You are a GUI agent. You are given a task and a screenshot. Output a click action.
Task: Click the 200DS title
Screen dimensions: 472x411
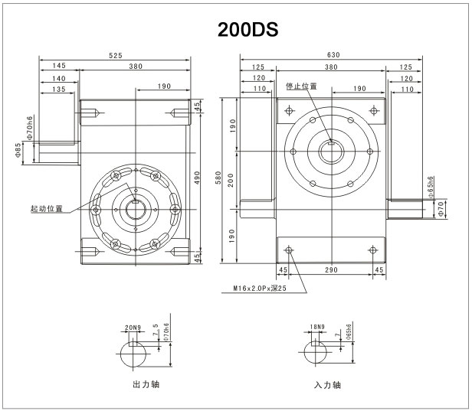coord(247,29)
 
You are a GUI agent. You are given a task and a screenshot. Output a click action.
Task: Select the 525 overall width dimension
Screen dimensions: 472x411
coord(116,56)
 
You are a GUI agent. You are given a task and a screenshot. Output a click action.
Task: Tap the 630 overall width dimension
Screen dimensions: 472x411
coord(333,55)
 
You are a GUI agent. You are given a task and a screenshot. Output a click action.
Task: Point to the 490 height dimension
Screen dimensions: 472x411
coord(197,178)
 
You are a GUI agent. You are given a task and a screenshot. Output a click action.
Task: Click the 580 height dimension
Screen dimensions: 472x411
coord(218,178)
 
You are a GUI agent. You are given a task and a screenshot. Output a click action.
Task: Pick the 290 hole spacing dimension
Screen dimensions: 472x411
coord(331,270)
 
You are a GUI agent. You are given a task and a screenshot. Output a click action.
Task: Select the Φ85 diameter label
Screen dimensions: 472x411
coord(18,150)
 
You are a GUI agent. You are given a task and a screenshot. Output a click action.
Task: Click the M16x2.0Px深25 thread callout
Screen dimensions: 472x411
coord(260,289)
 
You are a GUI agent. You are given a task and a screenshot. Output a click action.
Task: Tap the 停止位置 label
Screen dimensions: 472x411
coord(301,86)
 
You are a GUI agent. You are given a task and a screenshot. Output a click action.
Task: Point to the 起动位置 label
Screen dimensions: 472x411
coord(47,209)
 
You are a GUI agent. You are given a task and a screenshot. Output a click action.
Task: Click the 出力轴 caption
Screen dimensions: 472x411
coord(146,384)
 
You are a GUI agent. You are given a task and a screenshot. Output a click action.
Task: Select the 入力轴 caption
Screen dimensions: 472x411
coord(327,385)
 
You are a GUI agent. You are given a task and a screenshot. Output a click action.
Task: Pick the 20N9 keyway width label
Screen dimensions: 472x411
coord(133,328)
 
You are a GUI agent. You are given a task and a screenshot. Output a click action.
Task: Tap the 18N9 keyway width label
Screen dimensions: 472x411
coord(317,327)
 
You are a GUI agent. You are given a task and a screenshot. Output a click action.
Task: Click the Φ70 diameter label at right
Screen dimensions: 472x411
coord(441,209)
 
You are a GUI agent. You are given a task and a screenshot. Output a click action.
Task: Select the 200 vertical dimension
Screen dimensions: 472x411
coord(231,180)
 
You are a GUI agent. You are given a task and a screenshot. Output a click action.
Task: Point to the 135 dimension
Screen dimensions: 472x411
coord(59,90)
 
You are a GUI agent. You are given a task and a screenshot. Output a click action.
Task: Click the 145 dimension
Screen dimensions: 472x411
coord(59,66)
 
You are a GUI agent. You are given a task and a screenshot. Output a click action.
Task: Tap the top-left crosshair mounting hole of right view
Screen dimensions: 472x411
coord(290,111)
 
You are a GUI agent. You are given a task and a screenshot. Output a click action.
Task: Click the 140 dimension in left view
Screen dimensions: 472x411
coord(59,79)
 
